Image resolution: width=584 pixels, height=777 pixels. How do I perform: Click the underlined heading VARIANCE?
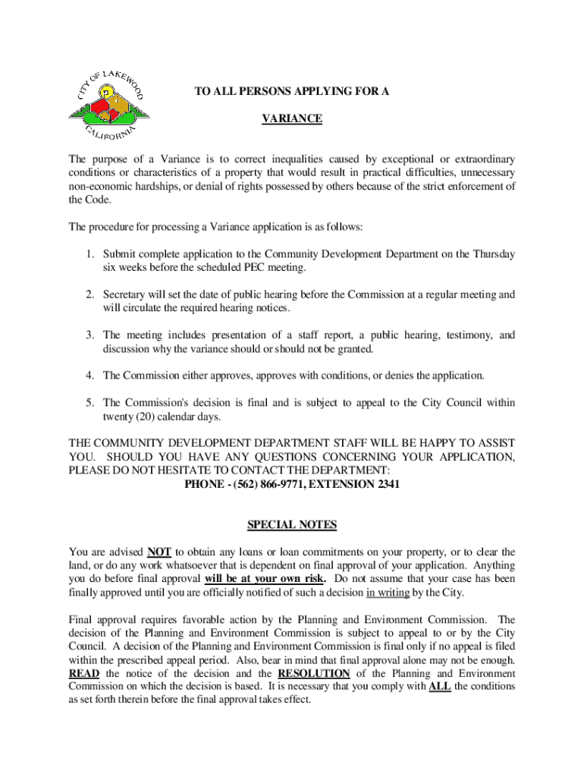tap(292, 119)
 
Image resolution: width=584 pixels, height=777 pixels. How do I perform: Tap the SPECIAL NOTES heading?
tap(292, 525)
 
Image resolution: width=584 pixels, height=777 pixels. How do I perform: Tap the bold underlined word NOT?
tap(159, 552)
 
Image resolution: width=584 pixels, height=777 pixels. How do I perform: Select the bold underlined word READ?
tap(83, 673)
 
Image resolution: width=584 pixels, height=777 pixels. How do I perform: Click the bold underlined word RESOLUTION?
tap(314, 673)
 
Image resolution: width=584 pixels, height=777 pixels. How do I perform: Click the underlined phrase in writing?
tap(390, 593)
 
